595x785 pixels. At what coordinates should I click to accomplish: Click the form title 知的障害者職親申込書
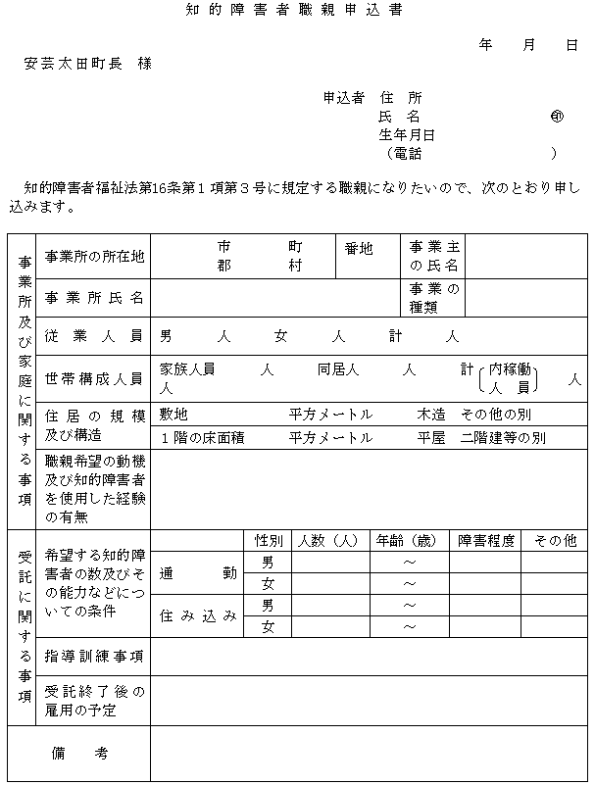pos(293,11)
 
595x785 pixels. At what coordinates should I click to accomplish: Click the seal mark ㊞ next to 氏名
pos(557,117)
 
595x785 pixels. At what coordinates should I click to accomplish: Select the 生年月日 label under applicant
pos(407,135)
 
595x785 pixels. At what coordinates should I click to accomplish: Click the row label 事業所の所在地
pos(94,257)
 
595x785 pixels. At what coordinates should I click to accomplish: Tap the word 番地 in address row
pos(359,249)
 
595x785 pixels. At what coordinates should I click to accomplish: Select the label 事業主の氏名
pos(434,257)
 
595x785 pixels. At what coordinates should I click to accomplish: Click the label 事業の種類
pos(434,297)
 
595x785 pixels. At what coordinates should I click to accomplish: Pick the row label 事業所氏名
pos(94,297)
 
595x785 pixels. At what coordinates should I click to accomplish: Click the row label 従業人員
pos(94,336)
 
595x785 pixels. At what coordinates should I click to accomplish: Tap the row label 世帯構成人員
pos(94,378)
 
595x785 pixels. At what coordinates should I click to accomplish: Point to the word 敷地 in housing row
pos(174,415)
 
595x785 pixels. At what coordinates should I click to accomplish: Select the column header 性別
pos(269,541)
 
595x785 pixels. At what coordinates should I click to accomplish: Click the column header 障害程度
pos(485,541)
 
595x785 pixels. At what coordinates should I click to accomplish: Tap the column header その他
pos(554,541)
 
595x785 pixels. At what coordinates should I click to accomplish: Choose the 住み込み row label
pos(198,615)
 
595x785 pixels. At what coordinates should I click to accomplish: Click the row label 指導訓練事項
pos(94,656)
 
